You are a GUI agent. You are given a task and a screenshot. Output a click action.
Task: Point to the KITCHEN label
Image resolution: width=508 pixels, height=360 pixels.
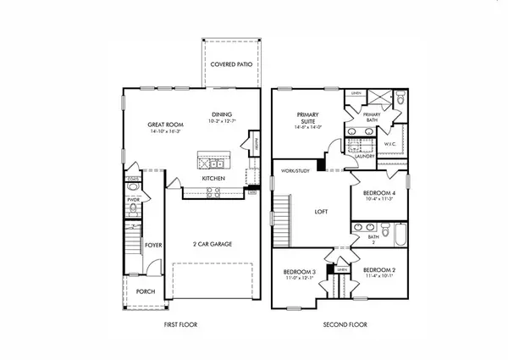tap(213, 179)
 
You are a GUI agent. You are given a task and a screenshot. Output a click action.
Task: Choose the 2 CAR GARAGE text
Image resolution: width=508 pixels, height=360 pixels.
tap(212, 244)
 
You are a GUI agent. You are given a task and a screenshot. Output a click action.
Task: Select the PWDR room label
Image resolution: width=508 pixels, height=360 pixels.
tap(133, 200)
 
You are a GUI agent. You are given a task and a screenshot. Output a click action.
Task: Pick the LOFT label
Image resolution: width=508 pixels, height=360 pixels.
tap(321, 213)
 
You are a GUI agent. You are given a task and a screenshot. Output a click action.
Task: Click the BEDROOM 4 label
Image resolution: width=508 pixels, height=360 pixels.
tap(379, 193)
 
